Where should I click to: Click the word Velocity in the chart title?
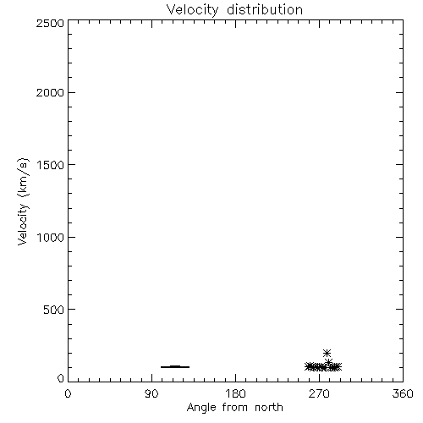point(193,10)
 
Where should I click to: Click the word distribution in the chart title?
point(265,9)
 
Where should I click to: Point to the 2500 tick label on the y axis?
point(50,23)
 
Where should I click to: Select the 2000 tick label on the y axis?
point(50,93)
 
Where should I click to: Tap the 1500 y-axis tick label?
point(51,165)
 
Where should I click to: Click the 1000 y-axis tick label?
point(51,238)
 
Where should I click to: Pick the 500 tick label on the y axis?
point(54,310)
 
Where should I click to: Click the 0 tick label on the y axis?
point(61,378)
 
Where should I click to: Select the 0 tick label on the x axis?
point(68,393)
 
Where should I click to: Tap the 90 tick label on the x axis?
point(151,393)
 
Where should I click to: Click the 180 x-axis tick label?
point(235,393)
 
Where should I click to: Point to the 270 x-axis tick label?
point(319,393)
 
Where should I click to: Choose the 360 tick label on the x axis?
point(403,393)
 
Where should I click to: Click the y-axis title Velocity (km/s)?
point(23,201)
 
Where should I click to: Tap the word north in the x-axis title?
point(269,408)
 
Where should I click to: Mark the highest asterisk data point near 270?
point(327,353)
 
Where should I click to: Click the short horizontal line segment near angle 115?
point(175,367)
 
